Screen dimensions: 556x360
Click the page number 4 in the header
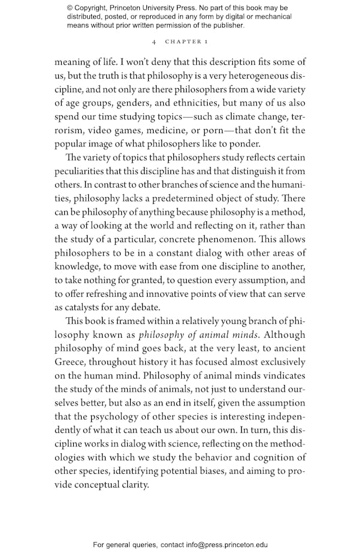[x=154, y=42]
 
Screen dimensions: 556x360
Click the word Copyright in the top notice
[x=95, y=8]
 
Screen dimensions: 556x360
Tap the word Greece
[x=71, y=362]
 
